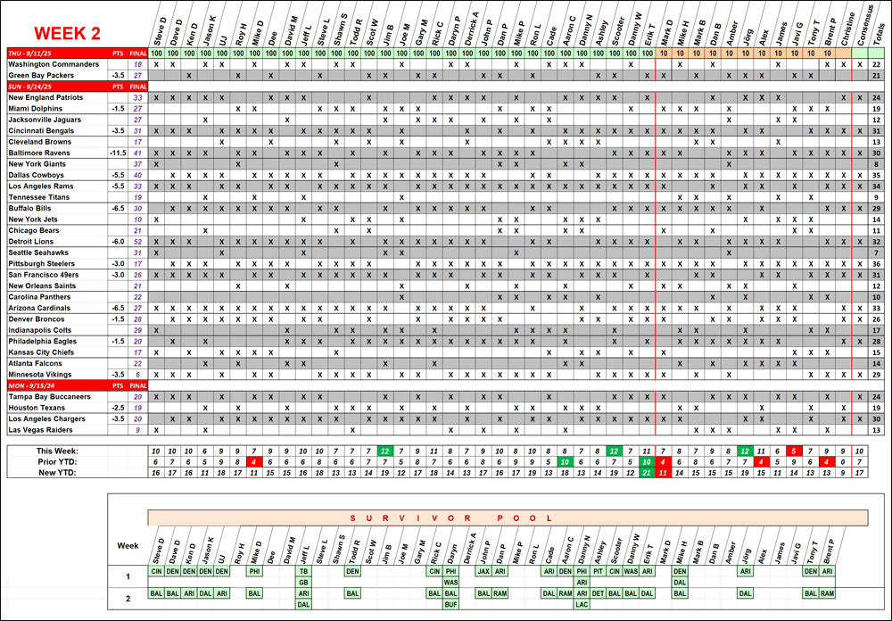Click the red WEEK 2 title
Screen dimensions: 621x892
point(66,34)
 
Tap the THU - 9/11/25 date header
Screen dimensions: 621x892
point(32,54)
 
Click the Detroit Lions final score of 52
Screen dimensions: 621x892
point(136,241)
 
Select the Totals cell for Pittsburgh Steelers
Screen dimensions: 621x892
point(877,263)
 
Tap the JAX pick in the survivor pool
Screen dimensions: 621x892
point(484,571)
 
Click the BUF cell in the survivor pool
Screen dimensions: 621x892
point(451,604)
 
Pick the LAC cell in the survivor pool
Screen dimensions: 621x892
point(582,604)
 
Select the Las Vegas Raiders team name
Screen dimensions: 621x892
point(42,429)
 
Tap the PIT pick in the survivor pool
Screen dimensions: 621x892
point(599,571)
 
